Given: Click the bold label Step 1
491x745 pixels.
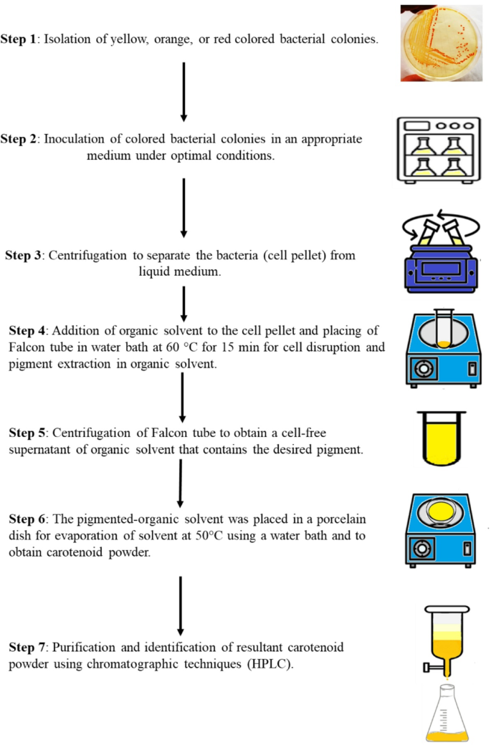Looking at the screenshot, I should tap(19, 39).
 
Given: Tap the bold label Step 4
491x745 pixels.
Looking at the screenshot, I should tap(28, 330).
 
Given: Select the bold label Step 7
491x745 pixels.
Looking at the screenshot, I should tap(28, 647).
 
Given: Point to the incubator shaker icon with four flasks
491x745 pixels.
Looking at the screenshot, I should tap(437, 148).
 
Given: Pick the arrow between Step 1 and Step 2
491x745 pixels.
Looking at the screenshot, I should tap(183, 91).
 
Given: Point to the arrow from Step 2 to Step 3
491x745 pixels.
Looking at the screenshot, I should tap(183, 207).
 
